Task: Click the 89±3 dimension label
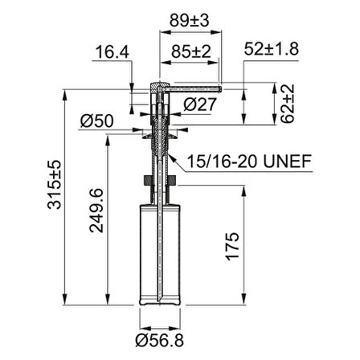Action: click(190, 21)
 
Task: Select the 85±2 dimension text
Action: click(191, 51)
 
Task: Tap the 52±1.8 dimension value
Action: click(272, 49)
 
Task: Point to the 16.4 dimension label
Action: click(112, 52)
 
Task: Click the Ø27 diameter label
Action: click(199, 104)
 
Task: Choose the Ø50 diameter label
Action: click(97, 121)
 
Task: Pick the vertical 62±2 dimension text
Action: click(288, 104)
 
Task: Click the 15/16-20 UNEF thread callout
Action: click(249, 161)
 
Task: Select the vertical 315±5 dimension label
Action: click(54, 185)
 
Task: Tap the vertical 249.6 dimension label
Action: click(96, 211)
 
